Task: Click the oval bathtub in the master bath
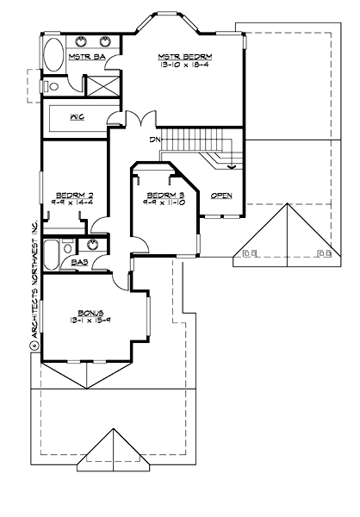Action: pyautogui.click(x=53, y=55)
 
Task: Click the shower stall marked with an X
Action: pyautogui.click(x=102, y=85)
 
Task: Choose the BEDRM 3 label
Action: pyautogui.click(x=160, y=196)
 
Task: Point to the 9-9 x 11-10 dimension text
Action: pyautogui.click(x=160, y=204)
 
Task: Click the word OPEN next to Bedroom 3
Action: pyautogui.click(x=221, y=196)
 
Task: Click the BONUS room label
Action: pyautogui.click(x=90, y=312)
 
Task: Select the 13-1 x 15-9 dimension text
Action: pyautogui.click(x=90, y=321)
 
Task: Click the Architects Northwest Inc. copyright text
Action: pyautogui.click(x=35, y=284)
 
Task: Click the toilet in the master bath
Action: pyautogui.click(x=52, y=86)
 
